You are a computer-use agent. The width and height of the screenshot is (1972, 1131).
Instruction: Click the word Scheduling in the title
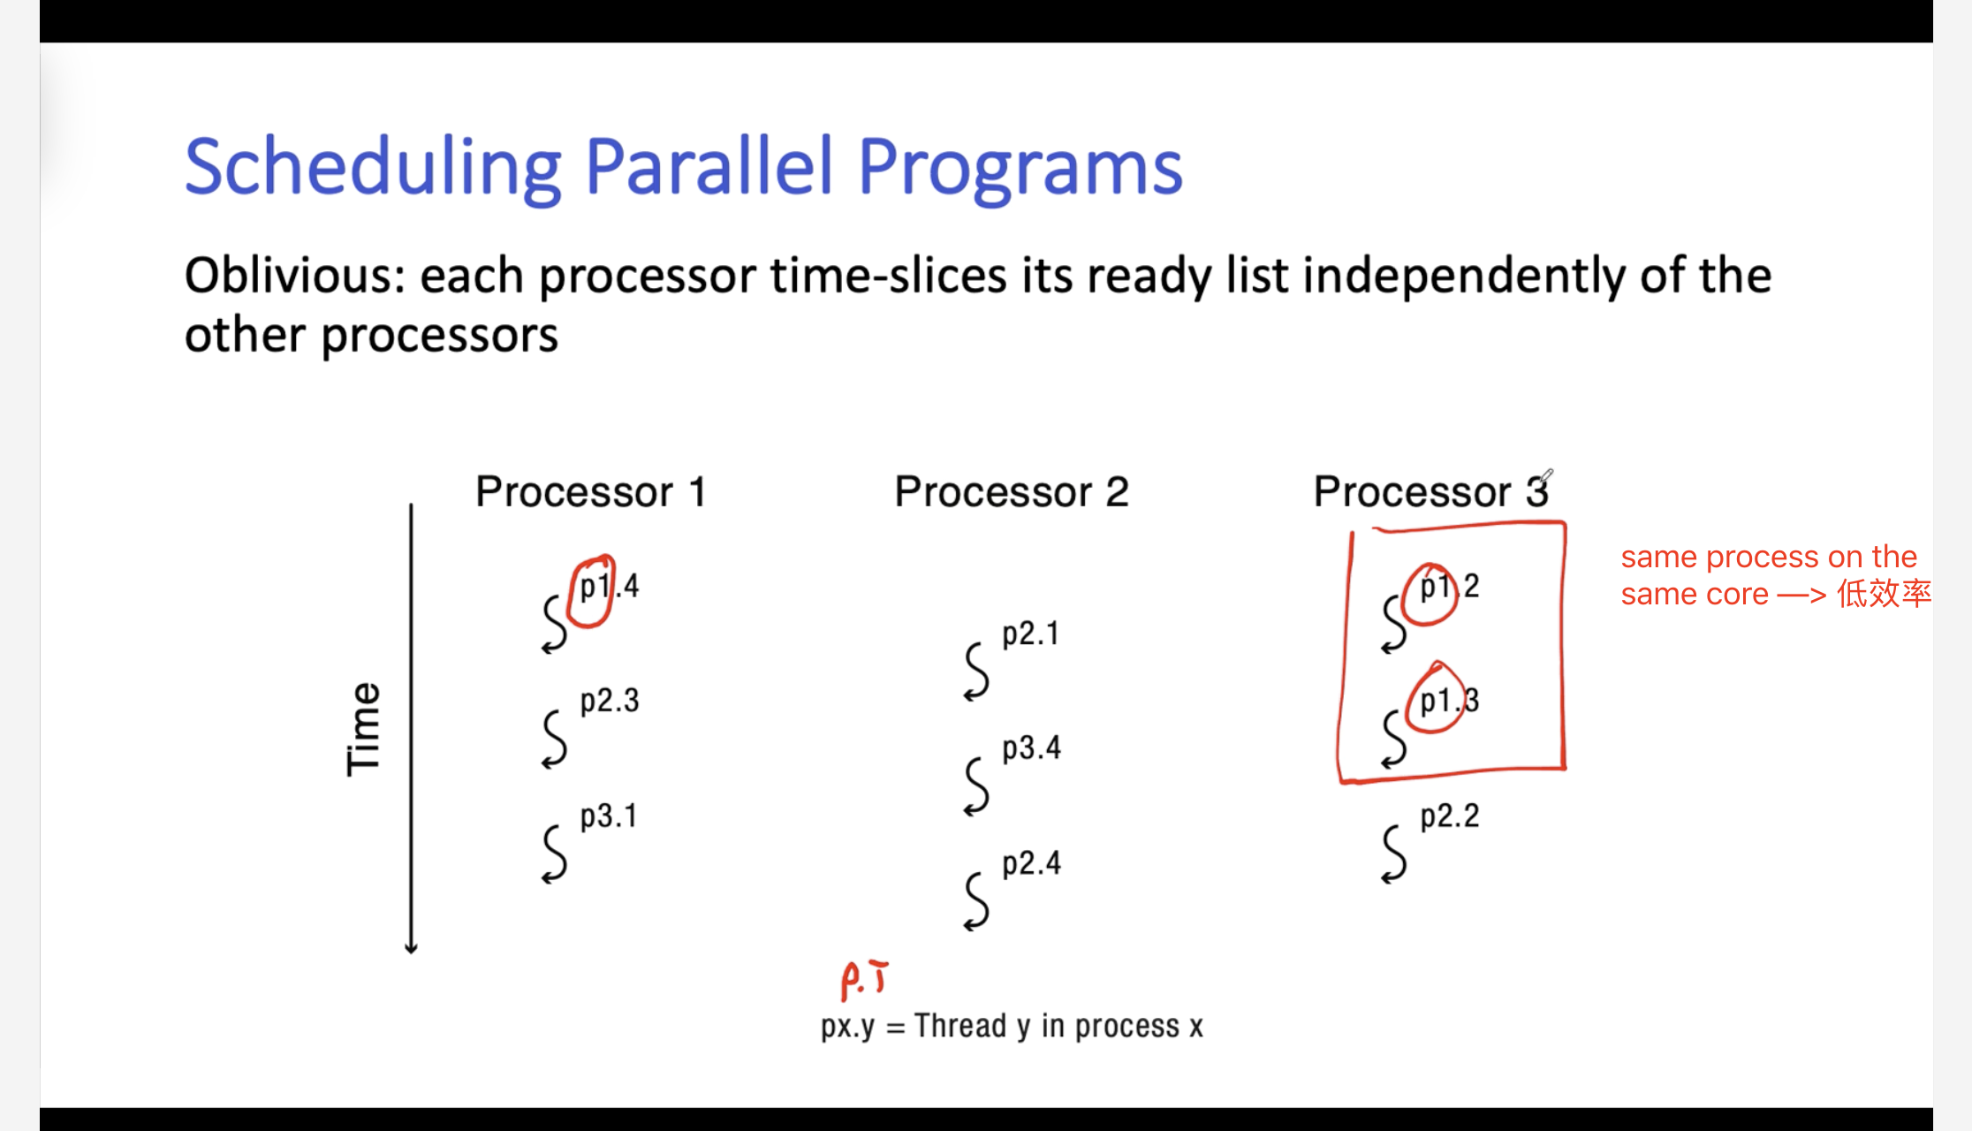coord(373,169)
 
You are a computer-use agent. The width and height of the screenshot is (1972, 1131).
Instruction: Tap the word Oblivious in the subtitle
coord(294,276)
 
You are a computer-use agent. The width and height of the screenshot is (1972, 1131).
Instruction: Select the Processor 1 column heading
coord(590,491)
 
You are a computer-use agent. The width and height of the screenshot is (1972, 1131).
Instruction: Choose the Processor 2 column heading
coord(1012,491)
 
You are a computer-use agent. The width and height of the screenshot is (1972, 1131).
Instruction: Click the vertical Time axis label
coord(363,729)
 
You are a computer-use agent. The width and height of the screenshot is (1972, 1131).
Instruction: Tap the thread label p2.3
coord(610,702)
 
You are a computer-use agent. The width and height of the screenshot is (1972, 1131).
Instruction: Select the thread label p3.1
coord(609,816)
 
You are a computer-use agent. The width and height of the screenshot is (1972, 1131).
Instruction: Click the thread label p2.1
coord(1030,634)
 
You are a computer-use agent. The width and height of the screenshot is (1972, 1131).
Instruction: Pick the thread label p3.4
coord(1031,749)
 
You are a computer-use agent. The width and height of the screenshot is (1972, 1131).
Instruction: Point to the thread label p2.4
coord(1031,864)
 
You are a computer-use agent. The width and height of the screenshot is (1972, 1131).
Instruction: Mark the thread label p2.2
coord(1450,816)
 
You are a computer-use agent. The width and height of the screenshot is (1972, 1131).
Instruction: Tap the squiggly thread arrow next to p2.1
coord(976,672)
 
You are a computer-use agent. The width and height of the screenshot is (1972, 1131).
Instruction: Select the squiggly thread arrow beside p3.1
coord(554,854)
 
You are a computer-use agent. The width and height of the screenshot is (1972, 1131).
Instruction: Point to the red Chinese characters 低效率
coord(1885,594)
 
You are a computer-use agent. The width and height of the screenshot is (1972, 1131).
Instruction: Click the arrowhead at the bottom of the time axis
coord(411,949)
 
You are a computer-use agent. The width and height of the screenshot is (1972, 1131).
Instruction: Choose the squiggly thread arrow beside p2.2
coord(1394,854)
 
